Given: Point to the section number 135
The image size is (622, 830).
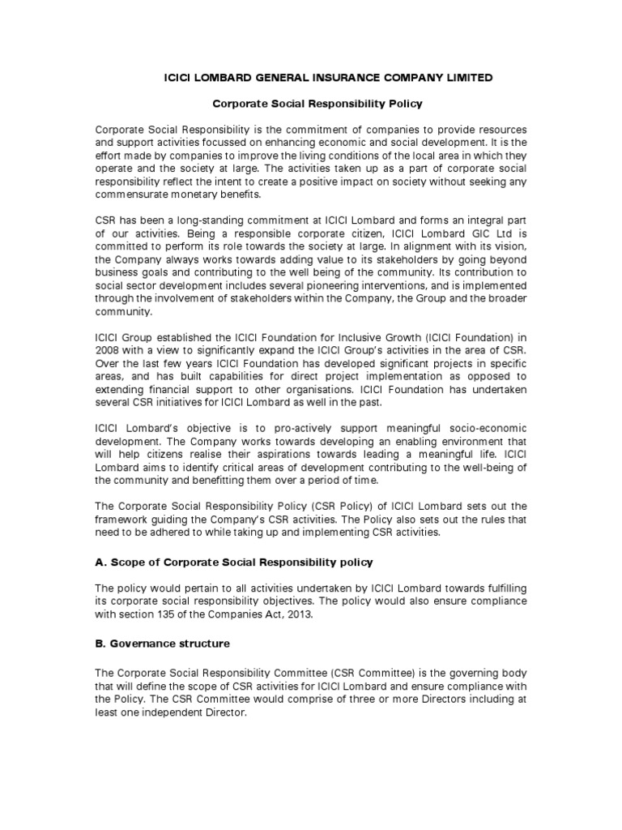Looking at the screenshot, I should click(x=173, y=614).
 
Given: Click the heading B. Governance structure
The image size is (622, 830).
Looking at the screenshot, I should click(x=163, y=644).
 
